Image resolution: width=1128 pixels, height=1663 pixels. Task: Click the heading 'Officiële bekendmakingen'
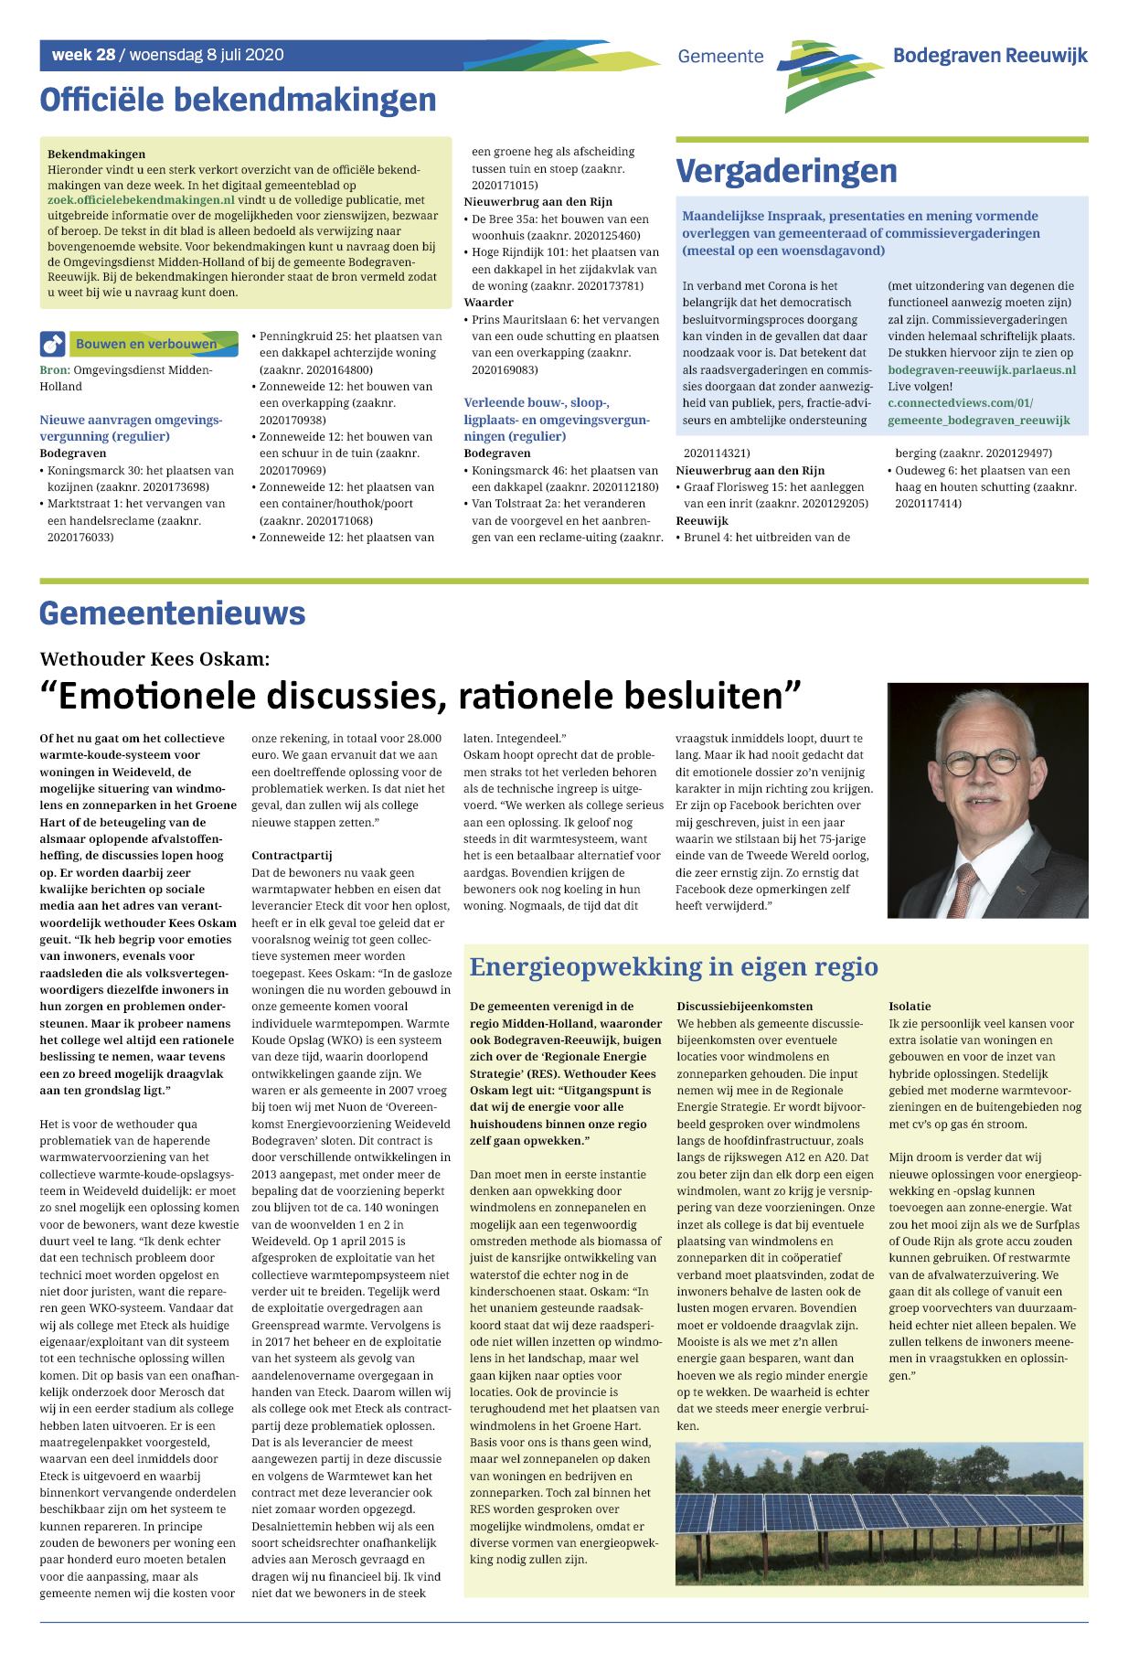tap(238, 100)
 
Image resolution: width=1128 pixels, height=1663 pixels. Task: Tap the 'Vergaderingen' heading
tap(786, 171)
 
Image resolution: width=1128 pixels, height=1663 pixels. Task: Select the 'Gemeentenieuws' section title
tap(172, 613)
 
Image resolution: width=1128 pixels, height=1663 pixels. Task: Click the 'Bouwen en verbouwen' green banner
tap(146, 344)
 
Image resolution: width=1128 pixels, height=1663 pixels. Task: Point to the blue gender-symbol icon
tap(52, 345)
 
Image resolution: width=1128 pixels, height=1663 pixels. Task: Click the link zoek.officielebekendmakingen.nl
tap(141, 199)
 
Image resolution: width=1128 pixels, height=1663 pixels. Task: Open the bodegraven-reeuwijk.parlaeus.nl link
tap(981, 370)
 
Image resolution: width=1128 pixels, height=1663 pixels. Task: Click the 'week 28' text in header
tap(83, 55)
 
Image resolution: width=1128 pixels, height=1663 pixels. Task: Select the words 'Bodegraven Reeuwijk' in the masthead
tap(989, 56)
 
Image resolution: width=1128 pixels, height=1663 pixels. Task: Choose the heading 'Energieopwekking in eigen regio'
tap(673, 966)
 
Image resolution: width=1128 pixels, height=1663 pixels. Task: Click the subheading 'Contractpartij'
tap(292, 856)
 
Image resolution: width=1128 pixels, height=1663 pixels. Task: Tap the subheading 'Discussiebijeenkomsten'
tap(744, 1007)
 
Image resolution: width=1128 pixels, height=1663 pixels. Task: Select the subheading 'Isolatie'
tap(910, 1007)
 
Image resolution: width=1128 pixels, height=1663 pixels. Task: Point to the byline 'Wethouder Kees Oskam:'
tap(154, 658)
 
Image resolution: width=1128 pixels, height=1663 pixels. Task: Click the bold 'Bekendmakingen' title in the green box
tap(96, 155)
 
